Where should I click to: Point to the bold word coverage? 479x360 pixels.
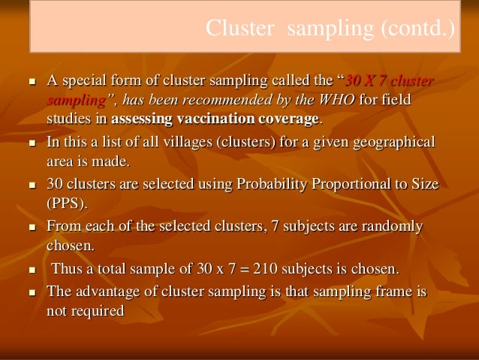pos(289,119)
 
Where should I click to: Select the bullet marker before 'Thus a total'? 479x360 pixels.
pos(32,270)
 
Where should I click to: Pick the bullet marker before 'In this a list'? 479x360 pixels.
pos(32,143)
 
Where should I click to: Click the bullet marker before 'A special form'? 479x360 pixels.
pos(32,81)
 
